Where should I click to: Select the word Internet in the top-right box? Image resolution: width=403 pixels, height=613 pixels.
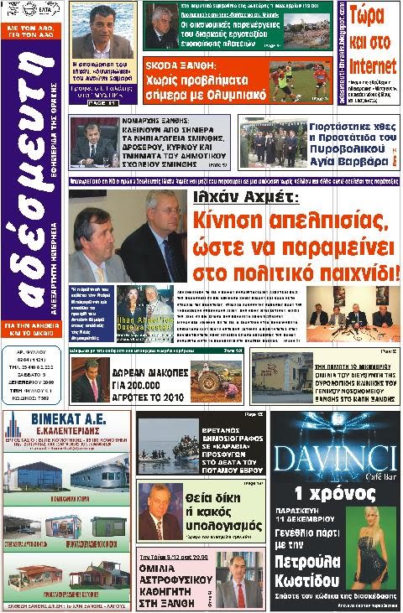pos(372,65)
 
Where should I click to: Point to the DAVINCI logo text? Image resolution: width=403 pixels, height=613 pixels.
pos(334,458)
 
